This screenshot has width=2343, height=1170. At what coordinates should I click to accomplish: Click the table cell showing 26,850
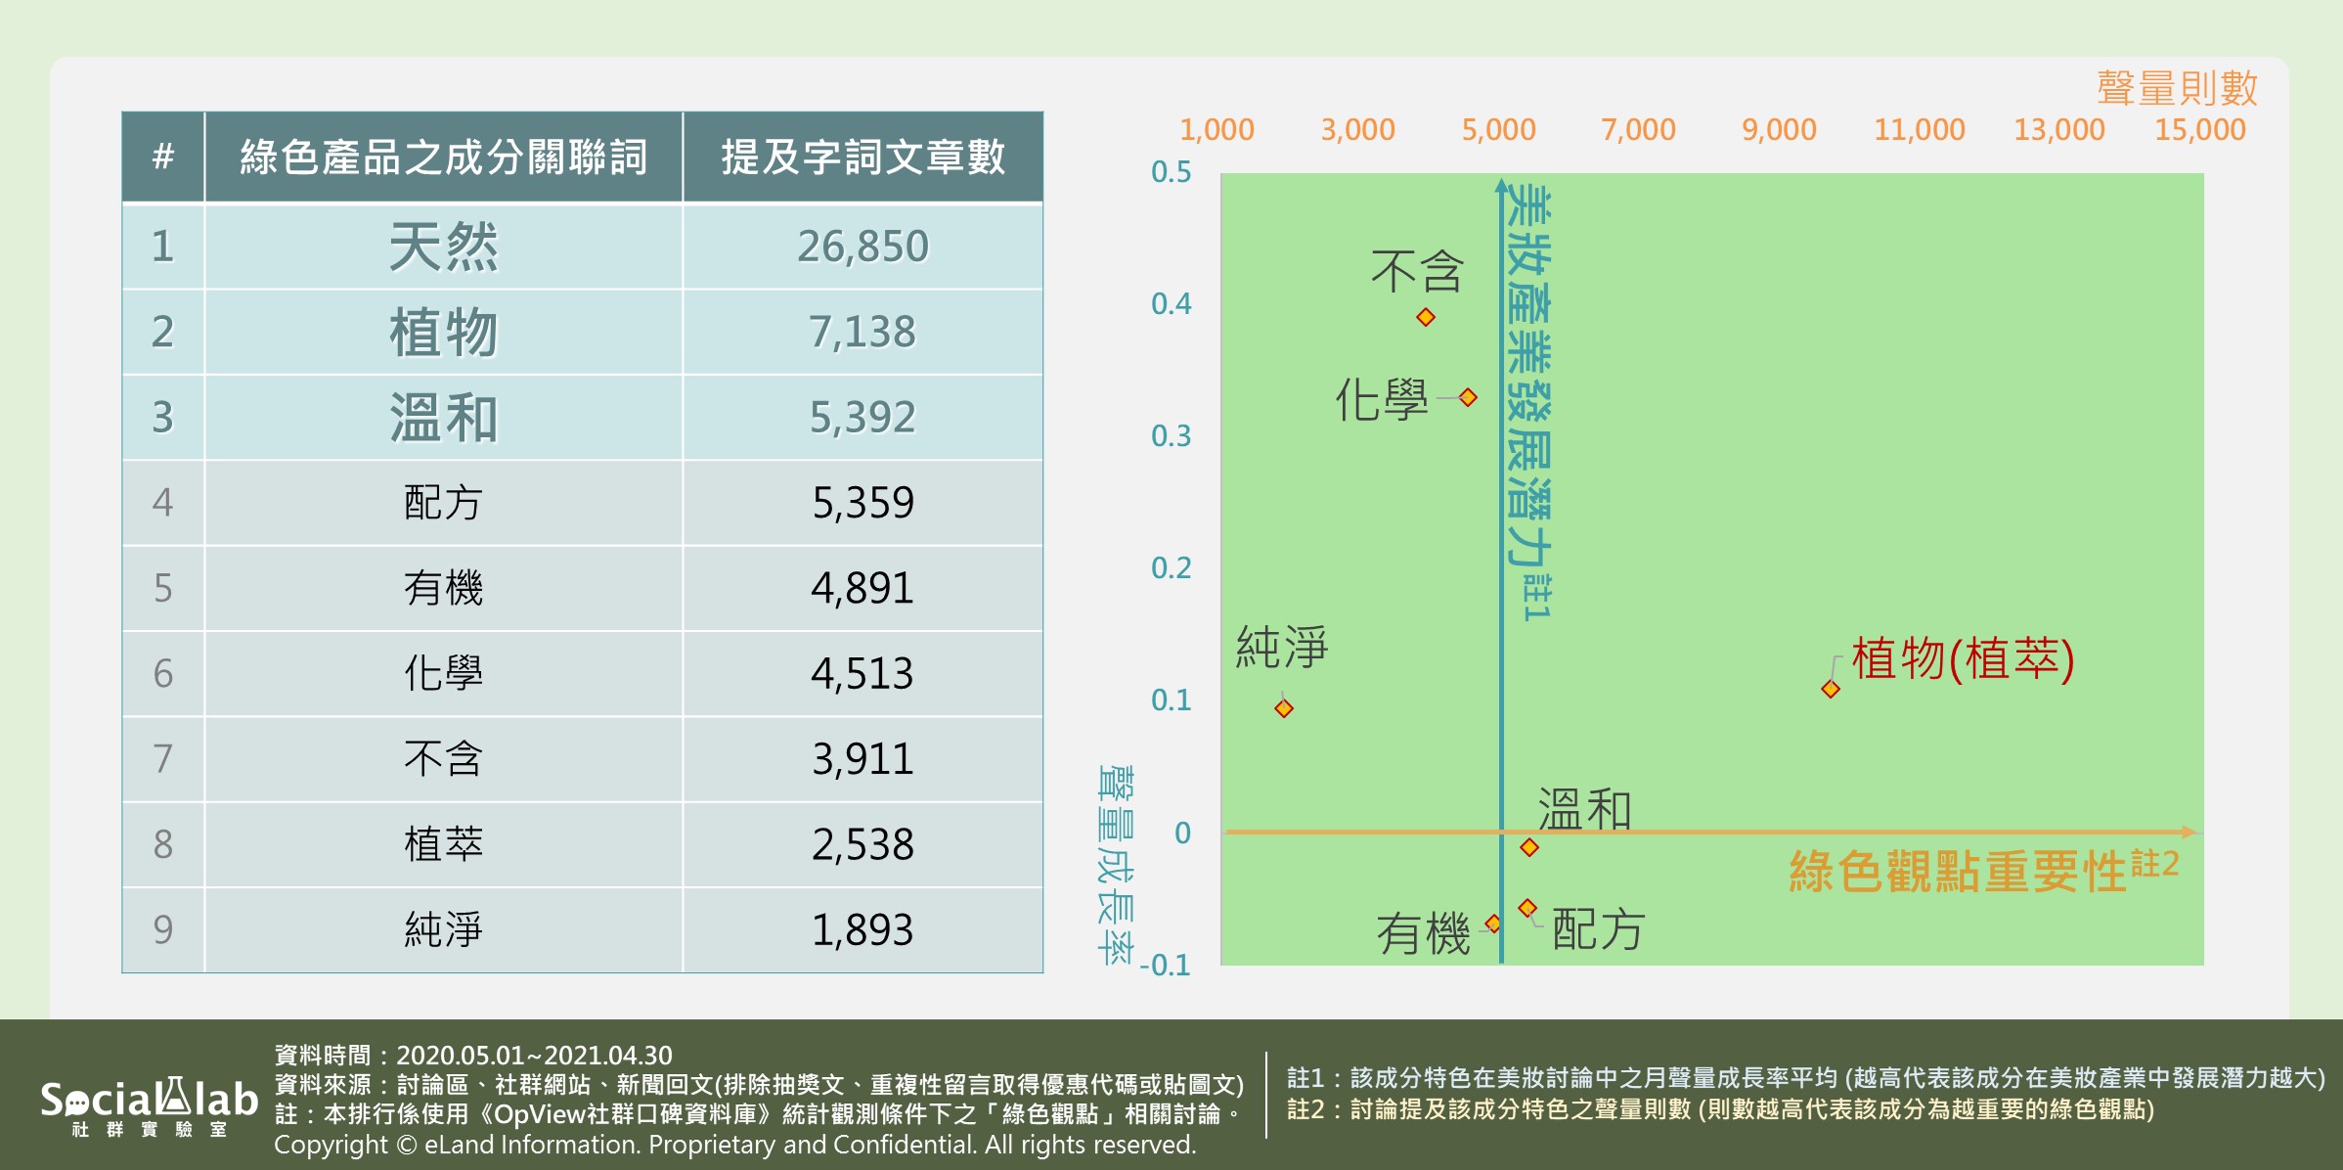[862, 247]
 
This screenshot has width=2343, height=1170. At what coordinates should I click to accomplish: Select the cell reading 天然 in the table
[443, 247]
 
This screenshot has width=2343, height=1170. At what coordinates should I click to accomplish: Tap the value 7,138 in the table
[862, 332]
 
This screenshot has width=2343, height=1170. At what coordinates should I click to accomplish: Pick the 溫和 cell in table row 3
[443, 417]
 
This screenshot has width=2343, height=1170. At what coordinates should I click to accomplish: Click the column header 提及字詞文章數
[862, 157]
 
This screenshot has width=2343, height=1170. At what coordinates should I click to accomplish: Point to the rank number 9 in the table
[162, 929]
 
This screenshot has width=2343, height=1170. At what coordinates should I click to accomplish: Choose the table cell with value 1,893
[862, 929]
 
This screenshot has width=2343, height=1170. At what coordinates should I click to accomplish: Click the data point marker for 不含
[1426, 317]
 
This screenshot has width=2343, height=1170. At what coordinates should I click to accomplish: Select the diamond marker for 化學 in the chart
[1468, 397]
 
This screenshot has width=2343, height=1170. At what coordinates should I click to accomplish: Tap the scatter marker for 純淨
[1284, 708]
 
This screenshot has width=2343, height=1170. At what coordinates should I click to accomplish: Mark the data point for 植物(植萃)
[1831, 689]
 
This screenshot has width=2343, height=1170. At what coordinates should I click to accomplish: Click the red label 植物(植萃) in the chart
[1963, 658]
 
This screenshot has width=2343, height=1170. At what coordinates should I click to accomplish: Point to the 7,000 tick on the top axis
[1638, 129]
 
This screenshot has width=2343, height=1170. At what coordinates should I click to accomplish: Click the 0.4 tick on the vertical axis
[1171, 304]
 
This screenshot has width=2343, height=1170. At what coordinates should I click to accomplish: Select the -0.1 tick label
[1165, 966]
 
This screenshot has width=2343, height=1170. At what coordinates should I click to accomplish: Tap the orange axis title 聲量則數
[2177, 88]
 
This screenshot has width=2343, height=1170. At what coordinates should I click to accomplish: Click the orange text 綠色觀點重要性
[1958, 871]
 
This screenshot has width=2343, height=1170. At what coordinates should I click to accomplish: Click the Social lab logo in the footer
[149, 1105]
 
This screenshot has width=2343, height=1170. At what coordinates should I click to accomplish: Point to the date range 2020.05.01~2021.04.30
[534, 1056]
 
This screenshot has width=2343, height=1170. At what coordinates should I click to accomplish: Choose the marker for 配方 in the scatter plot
[1526, 908]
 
